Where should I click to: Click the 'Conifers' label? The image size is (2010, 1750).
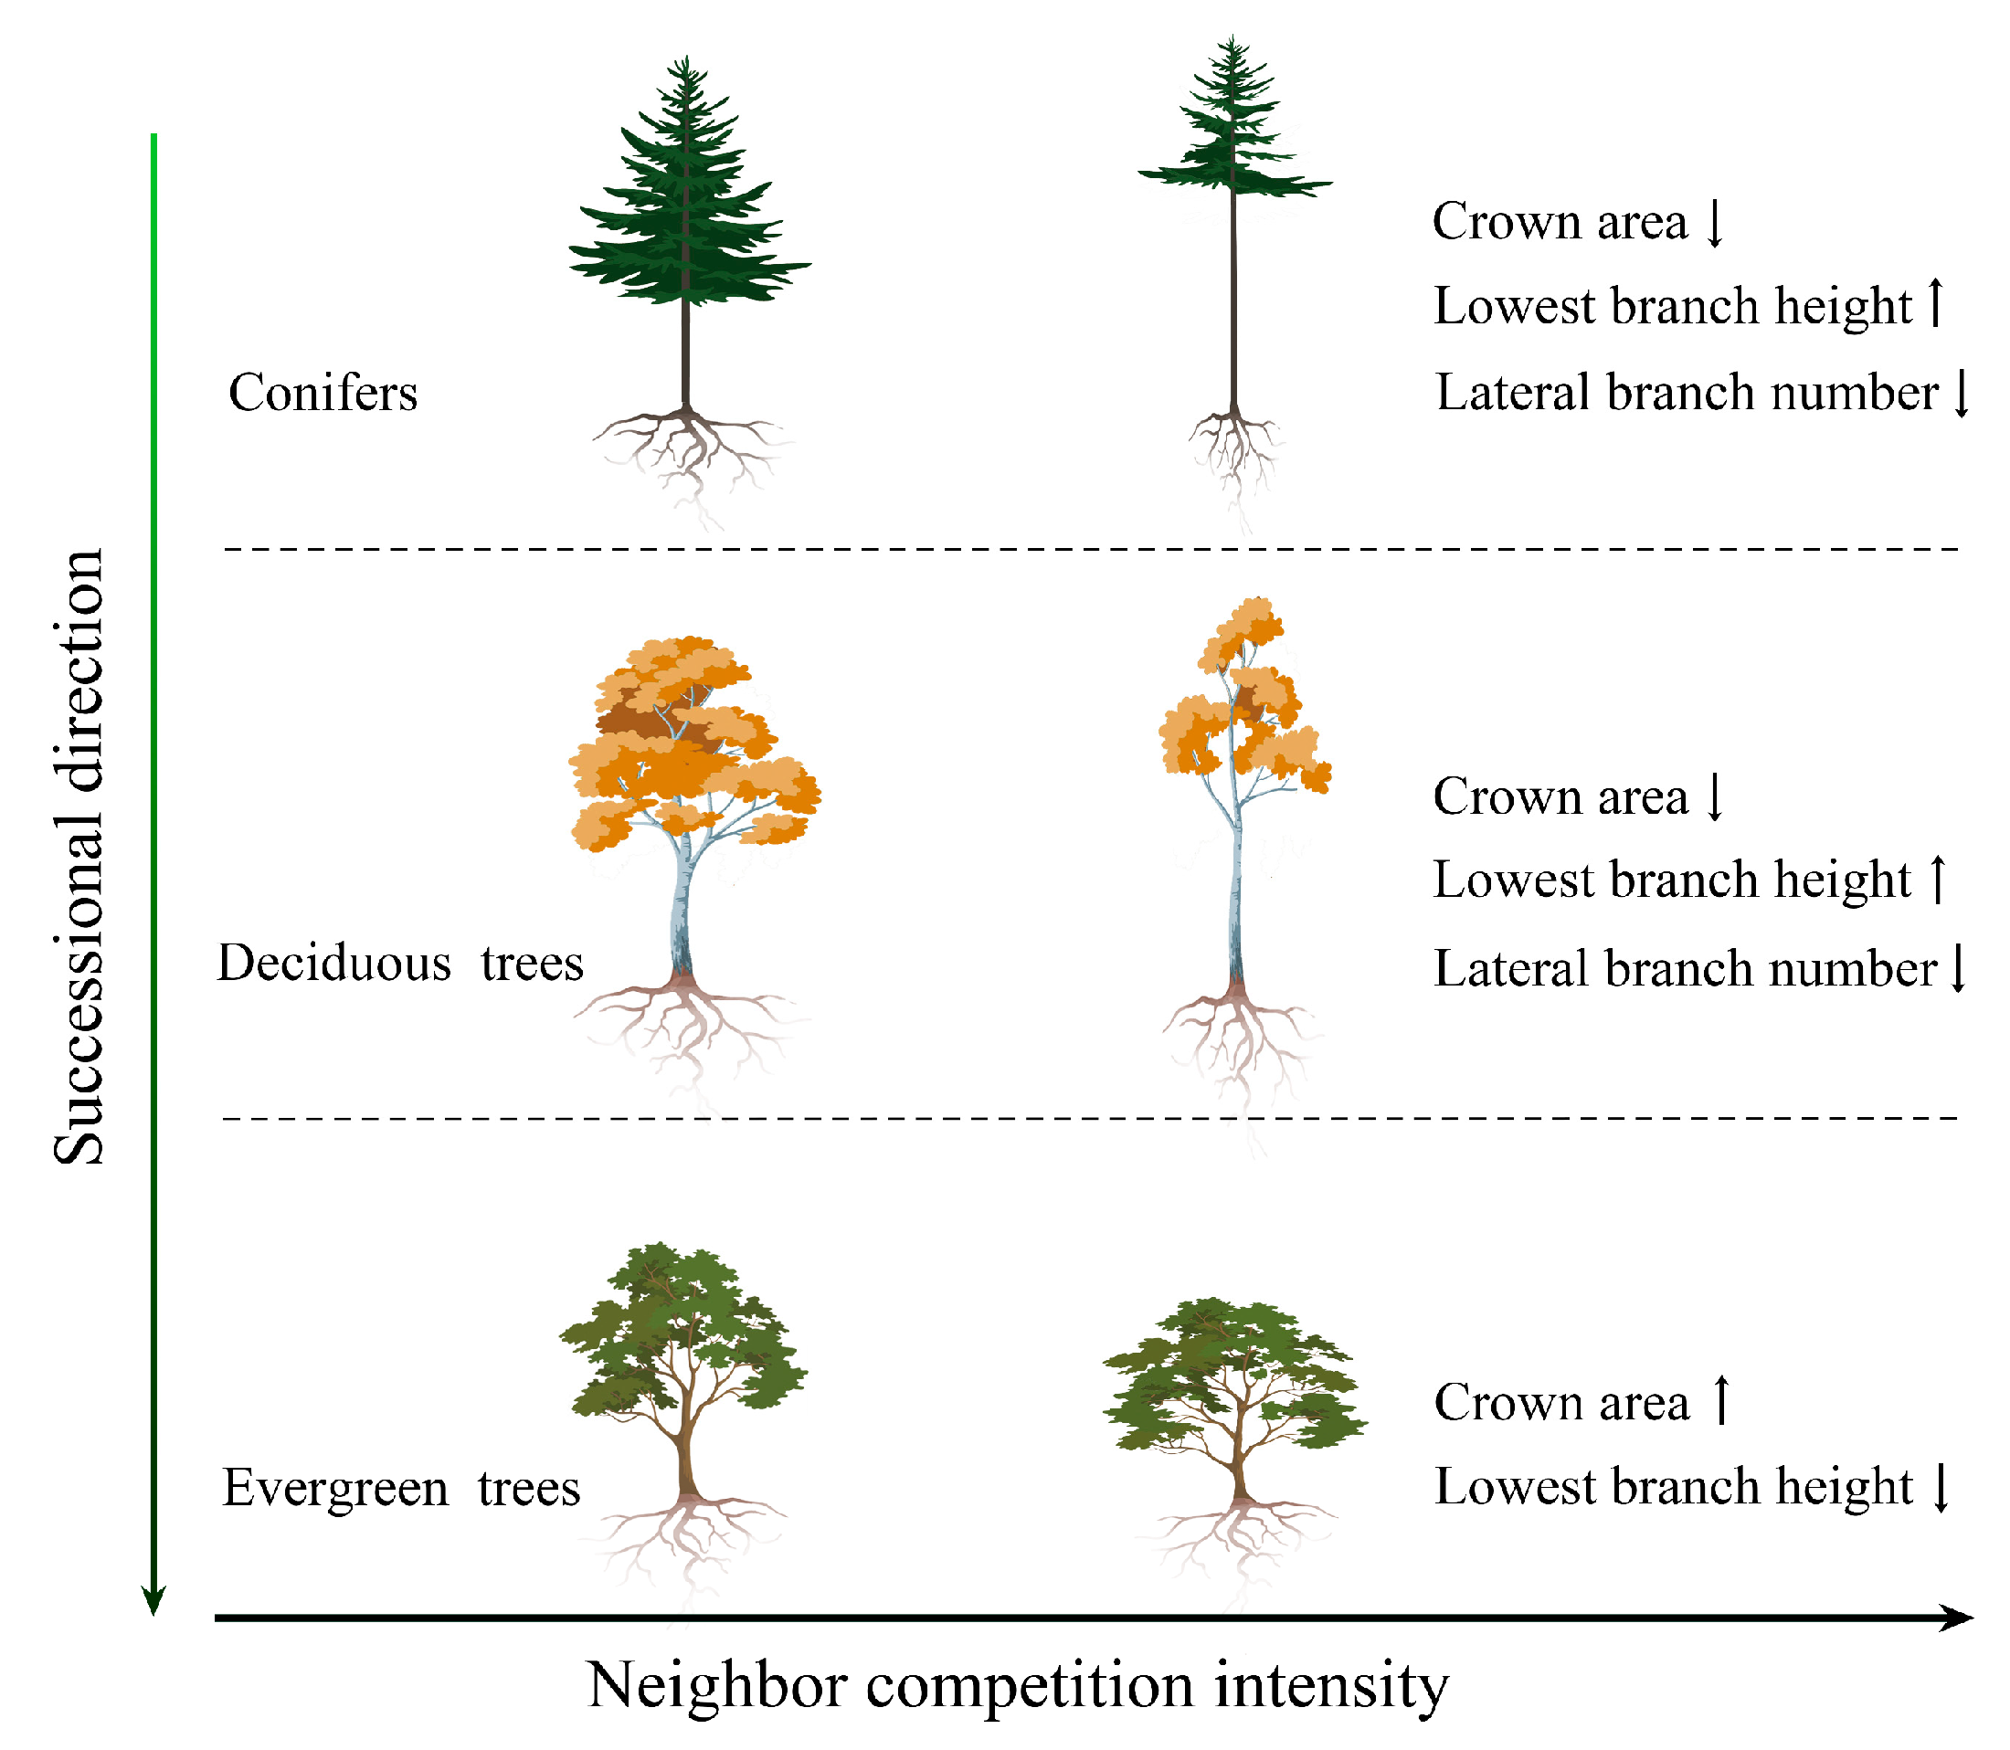[323, 394]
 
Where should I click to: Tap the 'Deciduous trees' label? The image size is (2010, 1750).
[399, 964]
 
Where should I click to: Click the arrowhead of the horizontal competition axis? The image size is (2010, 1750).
[1957, 1618]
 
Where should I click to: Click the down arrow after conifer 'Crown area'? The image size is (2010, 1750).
[1715, 223]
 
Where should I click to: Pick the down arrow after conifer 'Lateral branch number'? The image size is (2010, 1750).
[1962, 393]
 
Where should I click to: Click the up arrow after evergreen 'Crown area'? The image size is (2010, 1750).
[1723, 1399]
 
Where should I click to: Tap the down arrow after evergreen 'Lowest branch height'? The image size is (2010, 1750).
[1941, 1487]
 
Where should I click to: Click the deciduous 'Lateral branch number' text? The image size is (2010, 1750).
[1685, 970]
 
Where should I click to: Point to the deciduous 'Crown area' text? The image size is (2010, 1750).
[1560, 796]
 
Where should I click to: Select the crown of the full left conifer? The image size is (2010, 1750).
[688, 206]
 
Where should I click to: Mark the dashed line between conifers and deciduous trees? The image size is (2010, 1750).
[1091, 550]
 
